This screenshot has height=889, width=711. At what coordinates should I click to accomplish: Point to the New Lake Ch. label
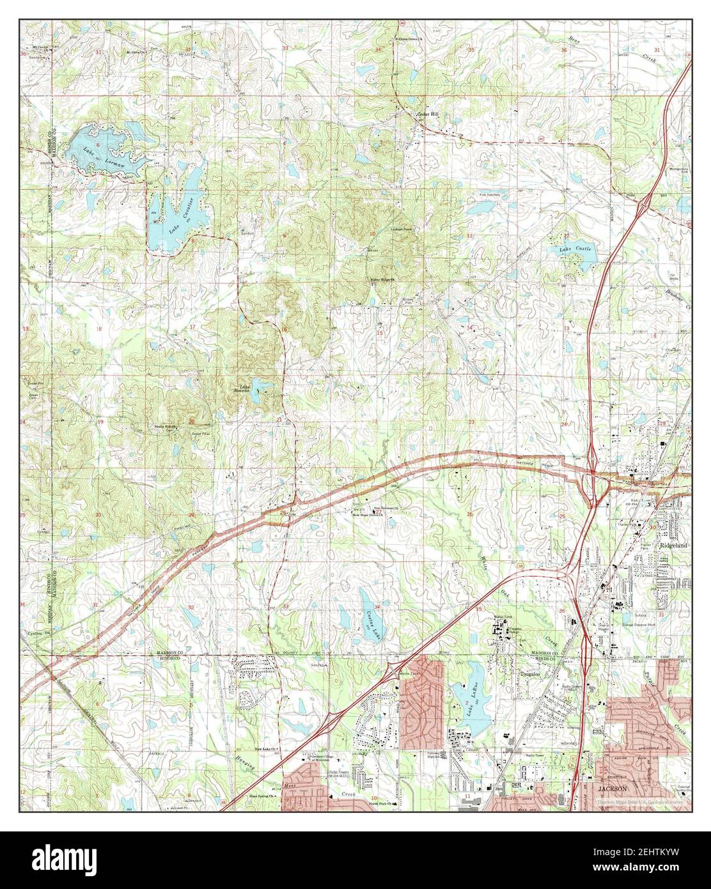[x=265, y=749]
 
